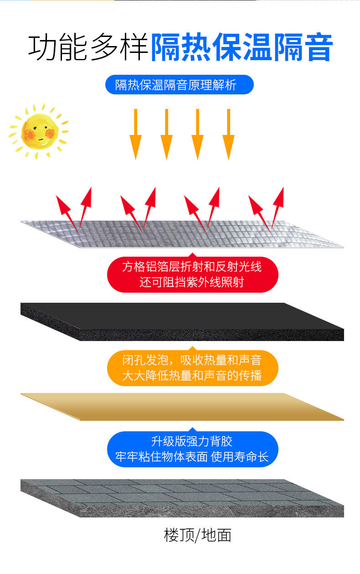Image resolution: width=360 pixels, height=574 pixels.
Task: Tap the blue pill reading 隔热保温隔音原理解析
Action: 179,85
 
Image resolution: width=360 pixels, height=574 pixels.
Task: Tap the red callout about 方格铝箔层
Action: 192,274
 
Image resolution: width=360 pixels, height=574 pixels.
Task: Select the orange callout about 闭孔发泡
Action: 192,368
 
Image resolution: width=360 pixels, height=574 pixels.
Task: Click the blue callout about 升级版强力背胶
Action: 192,449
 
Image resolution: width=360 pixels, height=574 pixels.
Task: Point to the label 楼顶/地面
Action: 198,535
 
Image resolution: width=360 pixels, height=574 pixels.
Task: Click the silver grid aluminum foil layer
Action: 182,234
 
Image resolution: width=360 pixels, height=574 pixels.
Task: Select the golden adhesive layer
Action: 182,406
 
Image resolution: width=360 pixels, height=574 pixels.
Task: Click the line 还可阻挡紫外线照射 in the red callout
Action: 192,282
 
